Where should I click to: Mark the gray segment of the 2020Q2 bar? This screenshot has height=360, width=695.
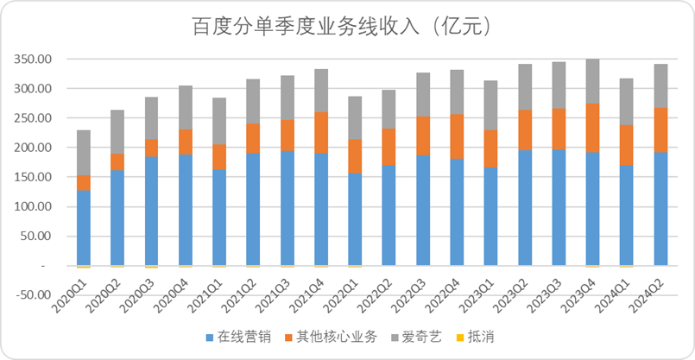pyautogui.click(x=117, y=132)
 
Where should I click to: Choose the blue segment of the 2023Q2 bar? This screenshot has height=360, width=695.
pyautogui.click(x=525, y=208)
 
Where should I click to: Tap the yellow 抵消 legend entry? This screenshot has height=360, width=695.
pyautogui.click(x=476, y=337)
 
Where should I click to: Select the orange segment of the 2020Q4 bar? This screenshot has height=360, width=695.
pyautogui.click(x=186, y=142)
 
